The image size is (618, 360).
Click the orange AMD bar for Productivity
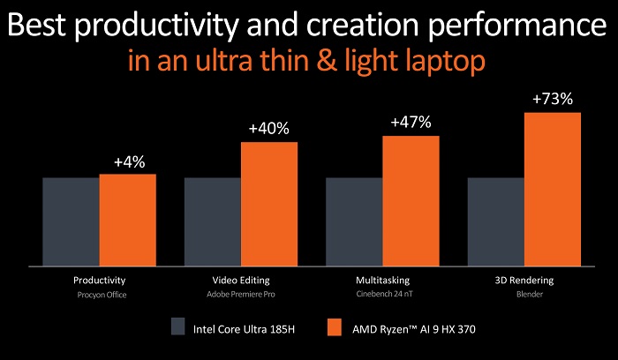pos(127,220)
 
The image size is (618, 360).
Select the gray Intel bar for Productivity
pos(71,221)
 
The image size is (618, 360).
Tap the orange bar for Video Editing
pos(268,203)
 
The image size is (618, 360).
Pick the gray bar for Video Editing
pos(212,221)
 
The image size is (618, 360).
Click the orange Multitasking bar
pos(411,200)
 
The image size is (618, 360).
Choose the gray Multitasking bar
pos(354,221)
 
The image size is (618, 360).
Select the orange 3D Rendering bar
pos(553,189)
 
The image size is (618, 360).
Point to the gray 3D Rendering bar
pos(495,221)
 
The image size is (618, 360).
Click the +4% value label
pos(129,162)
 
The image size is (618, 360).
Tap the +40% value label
pos(269,130)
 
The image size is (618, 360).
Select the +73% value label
pos(553,100)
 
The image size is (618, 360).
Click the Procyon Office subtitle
pos(100,295)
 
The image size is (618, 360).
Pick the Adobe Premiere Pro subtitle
pos(241,295)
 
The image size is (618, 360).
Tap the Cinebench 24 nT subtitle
pos(382,295)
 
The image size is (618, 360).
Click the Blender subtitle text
pos(524,295)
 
